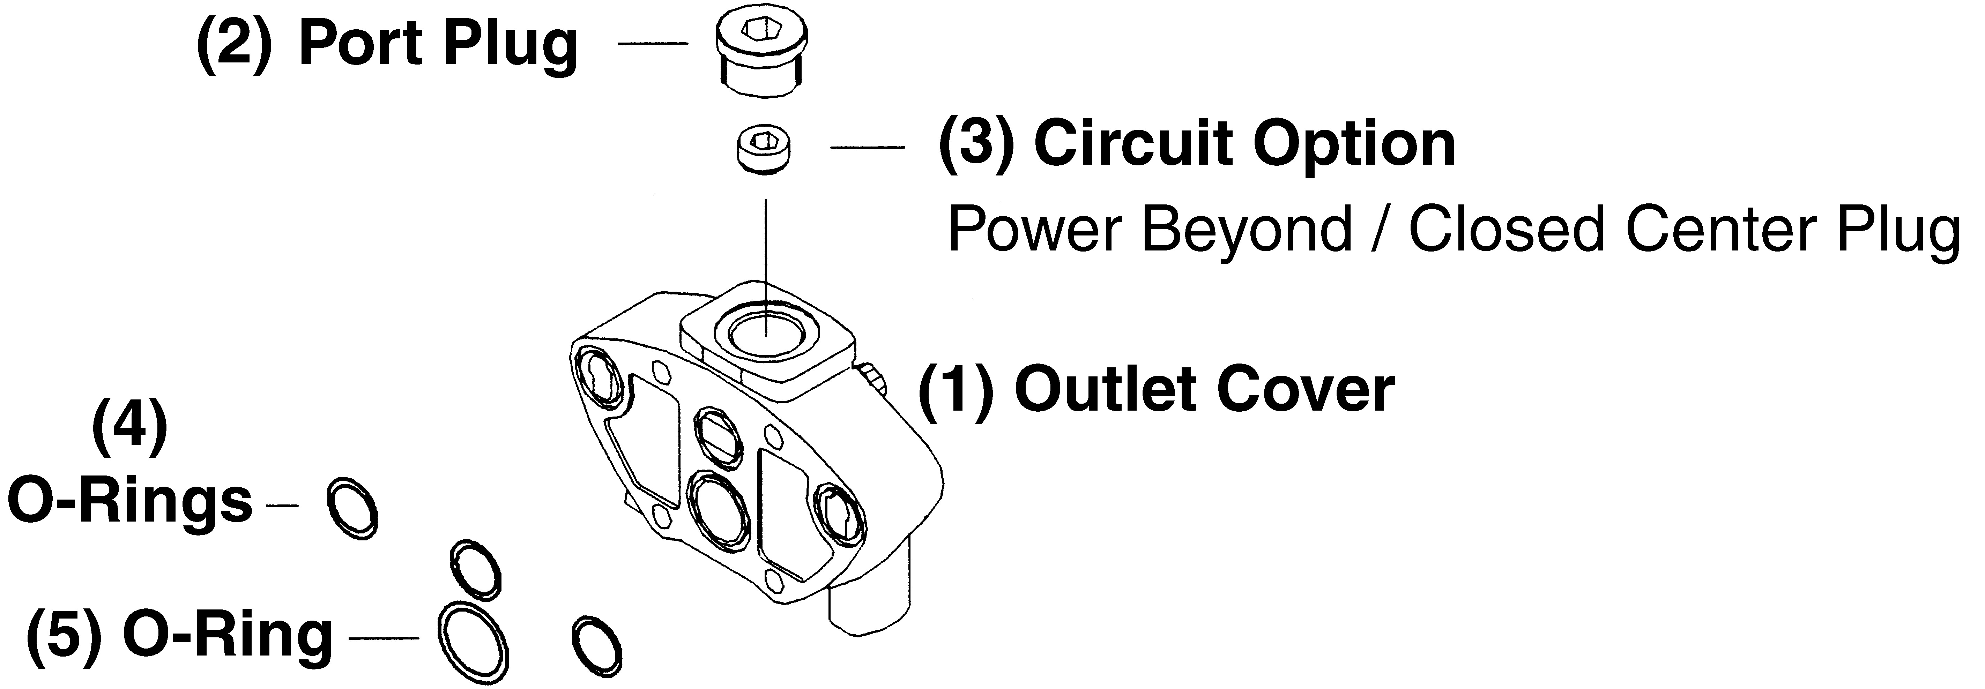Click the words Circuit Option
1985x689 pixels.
[1244, 144]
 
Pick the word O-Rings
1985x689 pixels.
[129, 501]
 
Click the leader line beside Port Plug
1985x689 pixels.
[653, 44]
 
